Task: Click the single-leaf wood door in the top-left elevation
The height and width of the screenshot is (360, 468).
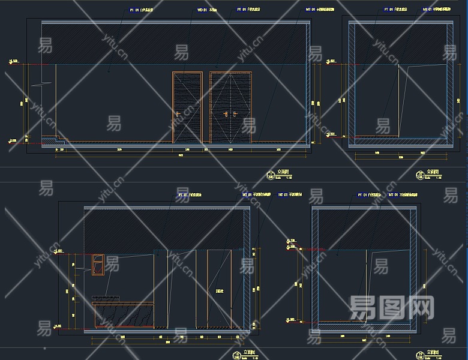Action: pos(187,107)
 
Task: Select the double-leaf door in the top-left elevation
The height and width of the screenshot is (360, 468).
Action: pos(231,107)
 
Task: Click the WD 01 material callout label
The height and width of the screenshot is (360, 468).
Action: pos(206,10)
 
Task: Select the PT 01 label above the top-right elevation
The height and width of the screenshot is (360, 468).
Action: pos(397,10)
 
